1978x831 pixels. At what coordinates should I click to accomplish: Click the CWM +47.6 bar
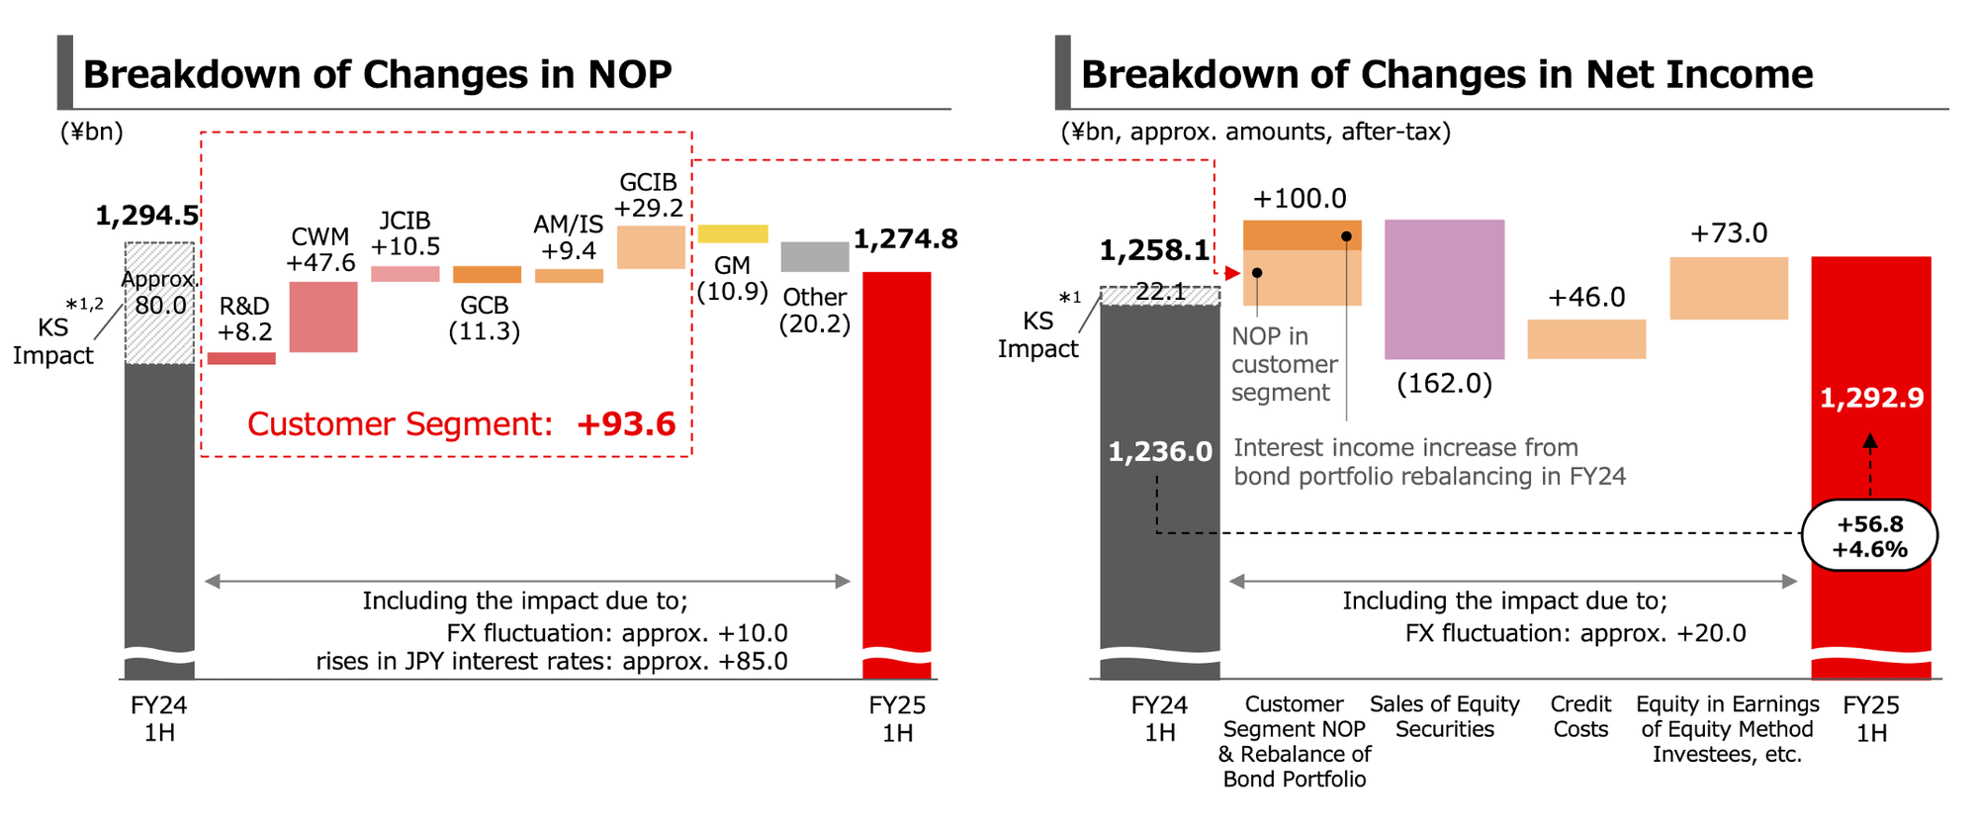[323, 317]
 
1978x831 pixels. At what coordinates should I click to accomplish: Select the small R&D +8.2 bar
[241, 358]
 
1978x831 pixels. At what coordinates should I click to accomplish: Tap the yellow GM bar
[733, 233]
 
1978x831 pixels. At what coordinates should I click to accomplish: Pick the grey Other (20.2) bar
[815, 256]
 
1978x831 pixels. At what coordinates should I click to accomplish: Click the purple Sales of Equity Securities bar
[1444, 289]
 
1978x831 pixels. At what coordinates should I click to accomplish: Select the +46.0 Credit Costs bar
[1586, 338]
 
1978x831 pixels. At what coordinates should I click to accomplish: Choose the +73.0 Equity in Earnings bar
[1729, 288]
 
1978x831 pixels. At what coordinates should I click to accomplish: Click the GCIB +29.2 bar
[651, 247]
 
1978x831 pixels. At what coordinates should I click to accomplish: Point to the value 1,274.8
[905, 239]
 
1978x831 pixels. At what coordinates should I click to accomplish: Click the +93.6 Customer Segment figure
[626, 424]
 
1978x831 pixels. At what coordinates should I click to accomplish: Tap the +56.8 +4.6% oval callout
[1869, 536]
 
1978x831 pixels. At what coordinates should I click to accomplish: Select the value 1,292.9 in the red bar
[1871, 398]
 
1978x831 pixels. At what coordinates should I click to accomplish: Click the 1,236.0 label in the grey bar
[1159, 452]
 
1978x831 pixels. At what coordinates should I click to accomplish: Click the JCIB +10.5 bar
[405, 274]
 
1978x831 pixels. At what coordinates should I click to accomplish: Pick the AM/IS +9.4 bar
[569, 276]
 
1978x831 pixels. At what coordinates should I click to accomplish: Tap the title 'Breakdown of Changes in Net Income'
[1446, 74]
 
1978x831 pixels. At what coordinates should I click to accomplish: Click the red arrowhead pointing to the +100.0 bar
[1232, 273]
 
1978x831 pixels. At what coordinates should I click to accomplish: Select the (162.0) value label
[1444, 383]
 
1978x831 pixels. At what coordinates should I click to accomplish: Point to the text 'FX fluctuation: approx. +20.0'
[1575, 633]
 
